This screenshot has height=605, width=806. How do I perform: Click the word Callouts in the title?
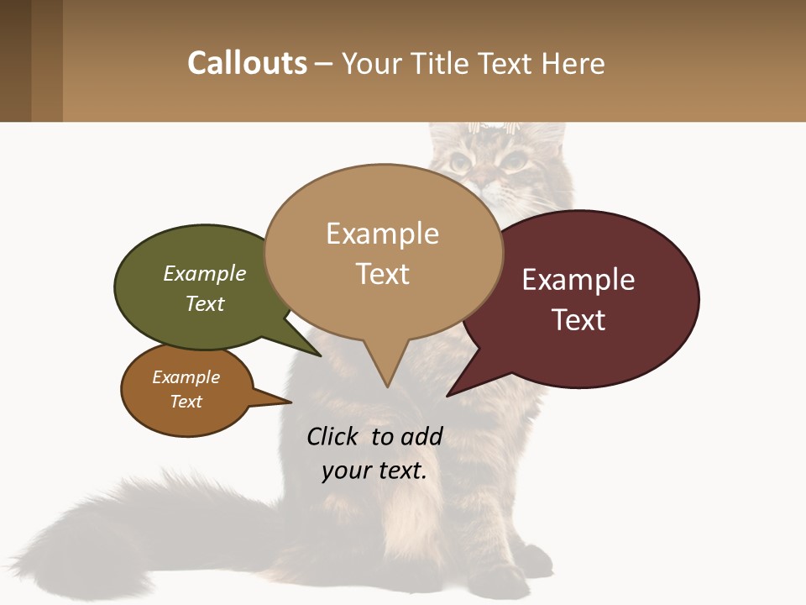pos(247,63)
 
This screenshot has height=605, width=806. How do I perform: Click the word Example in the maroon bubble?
pos(578,280)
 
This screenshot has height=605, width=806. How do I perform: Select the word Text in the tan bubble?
pos(383,274)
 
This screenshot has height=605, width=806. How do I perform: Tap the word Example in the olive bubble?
pos(205,274)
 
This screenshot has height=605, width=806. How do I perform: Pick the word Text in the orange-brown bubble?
pos(186,402)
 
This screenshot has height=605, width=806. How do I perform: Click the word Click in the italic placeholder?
pos(332,436)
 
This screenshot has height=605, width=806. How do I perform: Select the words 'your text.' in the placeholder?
pos(374,471)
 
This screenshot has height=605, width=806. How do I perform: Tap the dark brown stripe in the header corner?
pos(15,60)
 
